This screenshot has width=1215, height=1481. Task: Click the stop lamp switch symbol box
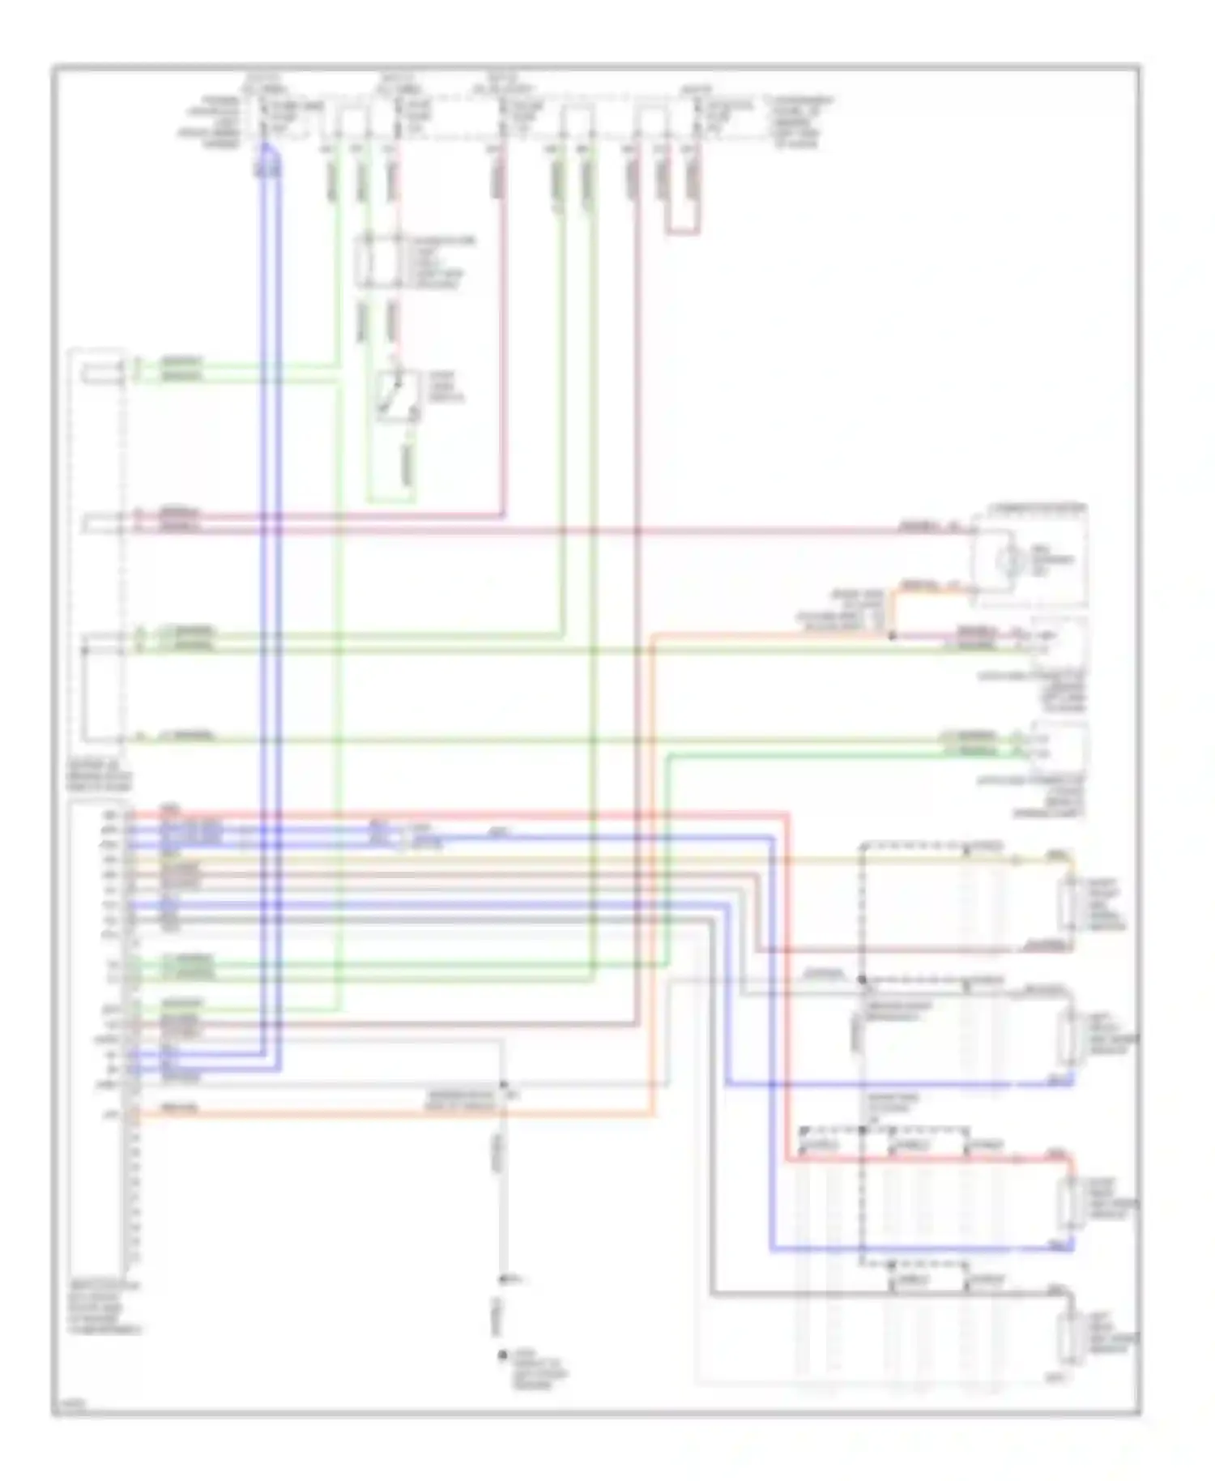[x=398, y=396]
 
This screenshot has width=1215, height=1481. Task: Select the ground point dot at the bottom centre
[x=503, y=1355]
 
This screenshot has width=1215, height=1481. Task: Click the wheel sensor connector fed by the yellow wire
[x=1071, y=903]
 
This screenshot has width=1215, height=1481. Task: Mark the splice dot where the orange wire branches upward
[x=892, y=636]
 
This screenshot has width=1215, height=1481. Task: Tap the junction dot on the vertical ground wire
[x=503, y=1084]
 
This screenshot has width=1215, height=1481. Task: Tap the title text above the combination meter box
[x=1038, y=508]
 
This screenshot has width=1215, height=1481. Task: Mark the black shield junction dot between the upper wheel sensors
[x=863, y=980]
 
